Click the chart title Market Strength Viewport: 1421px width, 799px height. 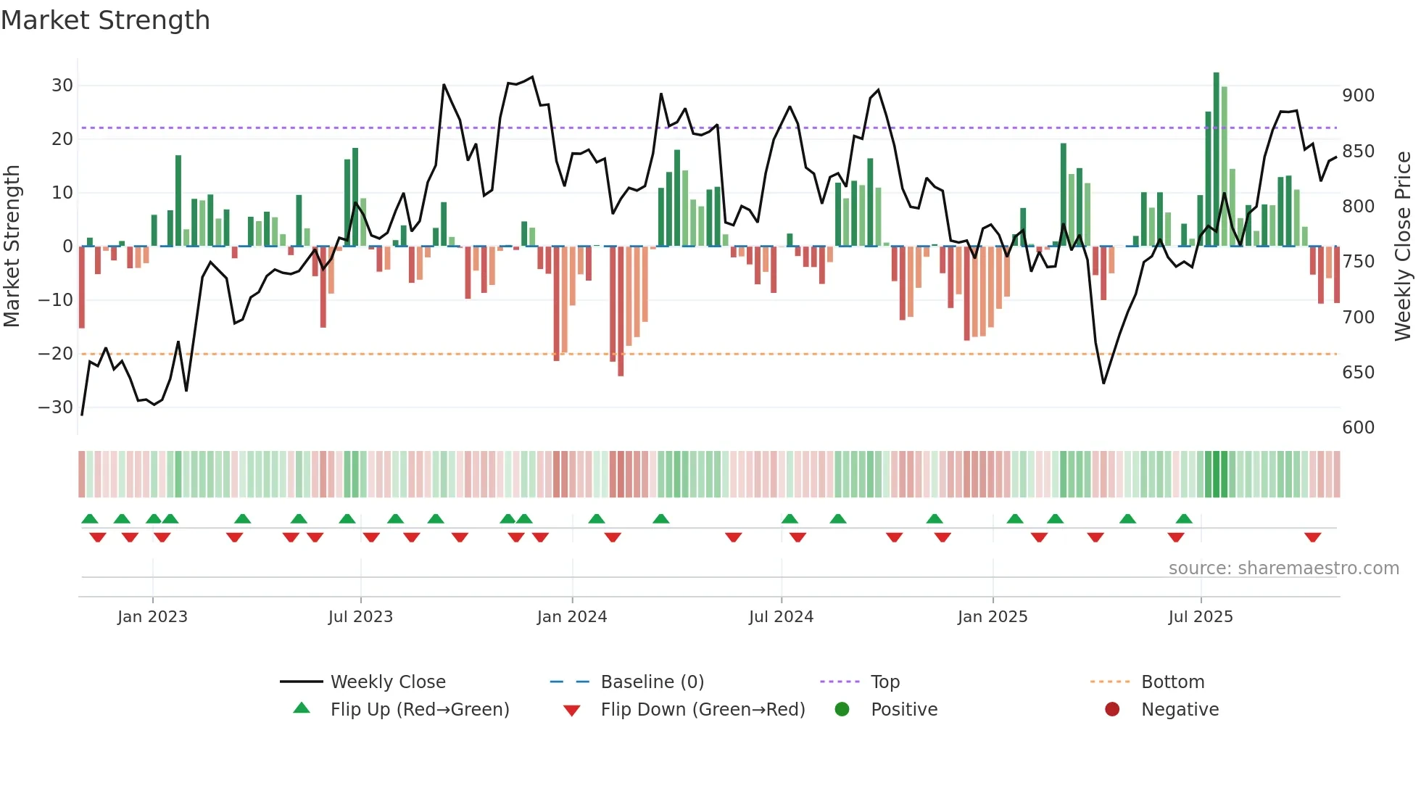coord(105,20)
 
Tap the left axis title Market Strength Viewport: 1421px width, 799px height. coord(12,246)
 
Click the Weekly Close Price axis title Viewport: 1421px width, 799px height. coord(1403,246)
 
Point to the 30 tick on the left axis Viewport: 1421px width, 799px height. coord(62,86)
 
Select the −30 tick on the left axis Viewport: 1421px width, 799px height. coord(57,407)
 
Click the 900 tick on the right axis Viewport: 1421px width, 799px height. coord(1358,96)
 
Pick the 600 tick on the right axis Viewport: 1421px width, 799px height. coord(1358,428)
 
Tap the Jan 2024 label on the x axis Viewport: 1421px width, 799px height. coord(572,617)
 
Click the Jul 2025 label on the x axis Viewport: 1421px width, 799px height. coord(1201,617)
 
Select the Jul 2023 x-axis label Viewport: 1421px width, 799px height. coord(360,617)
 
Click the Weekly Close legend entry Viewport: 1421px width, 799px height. coord(388,682)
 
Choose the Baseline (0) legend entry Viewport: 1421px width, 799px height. coord(652,682)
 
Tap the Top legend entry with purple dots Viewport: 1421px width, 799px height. coord(884,682)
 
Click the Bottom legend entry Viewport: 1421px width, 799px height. coord(1172,682)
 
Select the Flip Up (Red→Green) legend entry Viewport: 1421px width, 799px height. coord(419,710)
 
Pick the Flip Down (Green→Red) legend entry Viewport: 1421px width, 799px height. coord(702,710)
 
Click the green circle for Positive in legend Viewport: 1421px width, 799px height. coord(842,710)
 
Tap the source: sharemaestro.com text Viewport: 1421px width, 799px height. coord(1283,568)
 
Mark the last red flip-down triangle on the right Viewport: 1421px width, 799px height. coord(1312,537)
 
